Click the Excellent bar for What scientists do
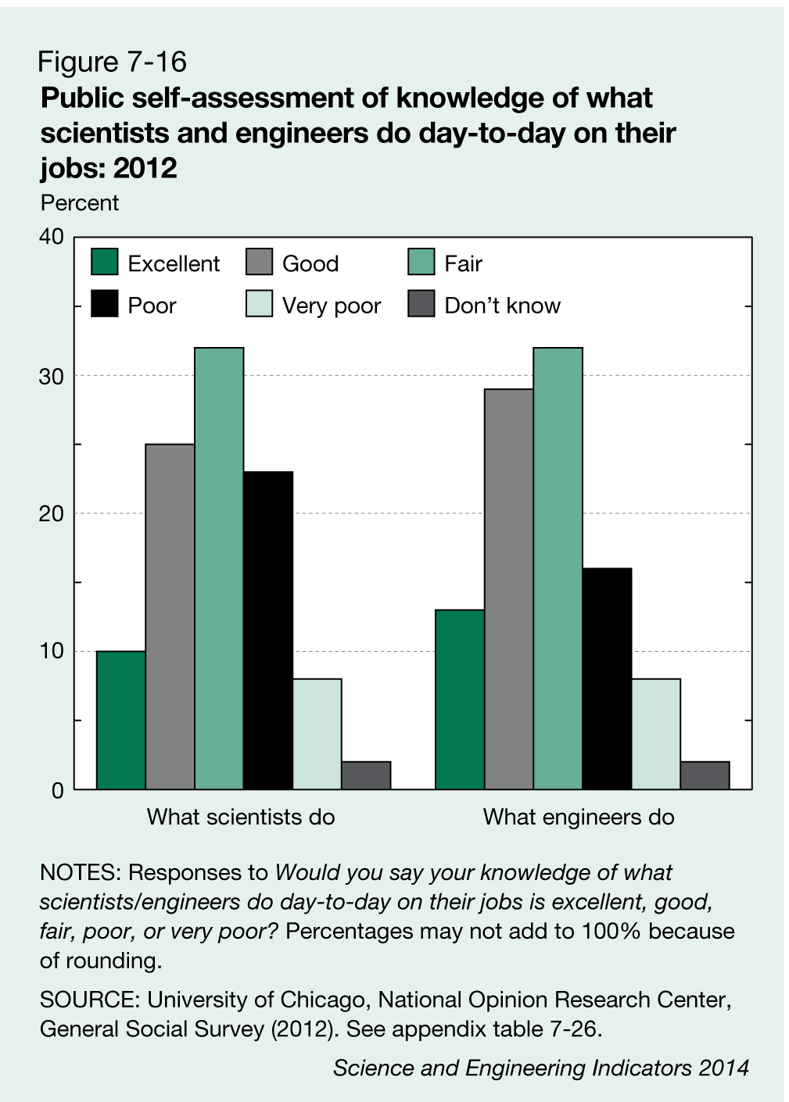pos(121,720)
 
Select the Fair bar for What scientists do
pos(219,568)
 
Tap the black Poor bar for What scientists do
pos(268,630)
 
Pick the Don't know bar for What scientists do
pos(366,775)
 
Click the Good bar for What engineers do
pos(508,589)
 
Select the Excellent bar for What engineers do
pos(460,699)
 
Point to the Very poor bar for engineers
pos(655,734)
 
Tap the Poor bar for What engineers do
pos(607,678)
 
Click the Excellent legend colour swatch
pos(104,263)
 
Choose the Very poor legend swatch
pos(259,305)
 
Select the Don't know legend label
pos(502,306)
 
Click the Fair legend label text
pos(463,263)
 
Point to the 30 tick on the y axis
pos(52,376)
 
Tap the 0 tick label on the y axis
pos(57,790)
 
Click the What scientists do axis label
pos(241,818)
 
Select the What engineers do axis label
pos(579,818)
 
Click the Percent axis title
pos(80,203)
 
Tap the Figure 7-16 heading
pos(113,62)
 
